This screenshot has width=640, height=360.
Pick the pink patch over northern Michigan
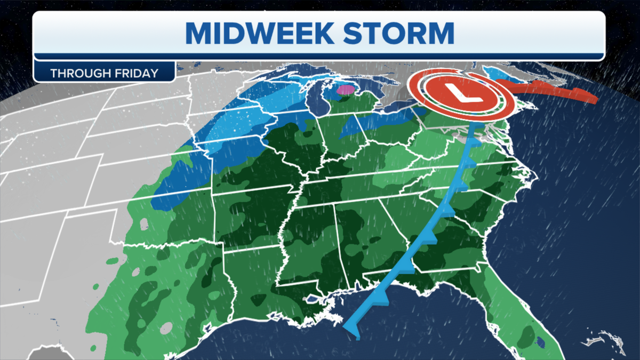pos(346,90)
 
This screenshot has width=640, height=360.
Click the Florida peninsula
pos(512,309)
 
